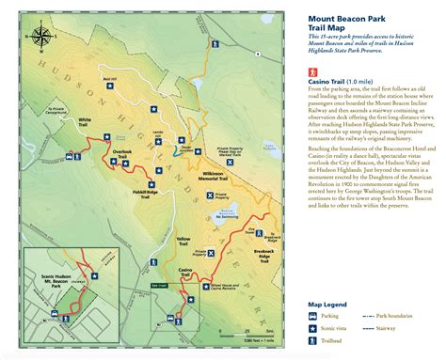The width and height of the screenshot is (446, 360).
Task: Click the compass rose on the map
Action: click(42, 40)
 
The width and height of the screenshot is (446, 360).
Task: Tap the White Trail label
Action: click(85, 120)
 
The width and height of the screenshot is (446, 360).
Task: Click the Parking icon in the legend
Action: click(313, 318)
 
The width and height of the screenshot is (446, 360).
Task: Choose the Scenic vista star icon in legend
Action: click(313, 331)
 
